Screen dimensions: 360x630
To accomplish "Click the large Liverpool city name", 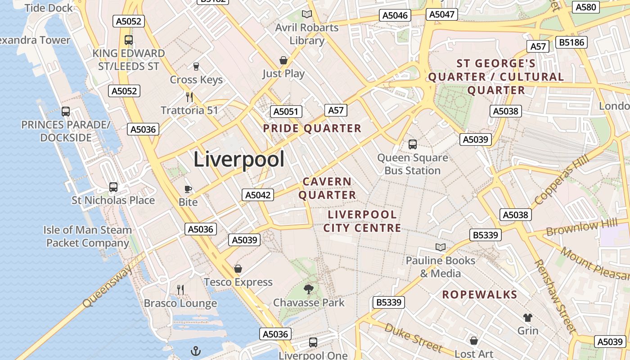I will pyautogui.click(x=239, y=160).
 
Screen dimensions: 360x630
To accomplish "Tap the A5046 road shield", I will pyautogui.click(x=395, y=15).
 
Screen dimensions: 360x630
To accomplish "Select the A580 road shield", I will pyautogui.click(x=586, y=7).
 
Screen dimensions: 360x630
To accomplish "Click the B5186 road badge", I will pyautogui.click(x=571, y=42).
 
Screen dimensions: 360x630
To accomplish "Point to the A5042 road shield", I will pyautogui.click(x=258, y=195).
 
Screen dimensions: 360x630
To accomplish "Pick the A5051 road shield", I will pyautogui.click(x=286, y=112).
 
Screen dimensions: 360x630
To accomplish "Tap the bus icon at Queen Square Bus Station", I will pyautogui.click(x=412, y=144).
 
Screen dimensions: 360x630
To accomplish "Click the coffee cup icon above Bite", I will pyautogui.click(x=188, y=189).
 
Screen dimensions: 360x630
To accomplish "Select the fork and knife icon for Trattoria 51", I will pyautogui.click(x=189, y=97).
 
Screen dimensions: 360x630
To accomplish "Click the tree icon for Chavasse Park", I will pyautogui.click(x=308, y=289).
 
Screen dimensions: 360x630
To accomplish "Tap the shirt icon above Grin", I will pyautogui.click(x=527, y=318).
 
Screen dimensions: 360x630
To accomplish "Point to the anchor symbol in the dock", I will pyautogui.click(x=196, y=351).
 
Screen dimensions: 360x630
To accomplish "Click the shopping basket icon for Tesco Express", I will pyautogui.click(x=238, y=269).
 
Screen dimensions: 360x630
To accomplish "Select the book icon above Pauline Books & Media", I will pyautogui.click(x=440, y=247).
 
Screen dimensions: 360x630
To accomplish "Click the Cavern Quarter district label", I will pyautogui.click(x=327, y=188).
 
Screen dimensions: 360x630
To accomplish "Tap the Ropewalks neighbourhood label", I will pyautogui.click(x=479, y=295).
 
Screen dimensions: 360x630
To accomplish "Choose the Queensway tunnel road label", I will pyautogui.click(x=108, y=286).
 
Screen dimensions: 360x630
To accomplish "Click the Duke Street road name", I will pyautogui.click(x=414, y=337).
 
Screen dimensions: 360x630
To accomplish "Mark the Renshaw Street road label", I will pyautogui.click(x=555, y=296).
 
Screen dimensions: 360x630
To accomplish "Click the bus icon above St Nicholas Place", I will pyautogui.click(x=113, y=187).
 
